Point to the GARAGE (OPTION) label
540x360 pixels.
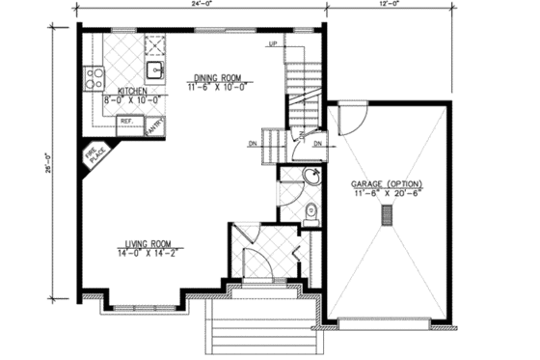[x=388, y=183]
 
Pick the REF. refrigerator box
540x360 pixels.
[x=126, y=122]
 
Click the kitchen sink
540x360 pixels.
[x=153, y=69]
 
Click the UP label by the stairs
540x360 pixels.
[x=273, y=44]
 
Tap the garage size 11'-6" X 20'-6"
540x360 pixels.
[x=388, y=194]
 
